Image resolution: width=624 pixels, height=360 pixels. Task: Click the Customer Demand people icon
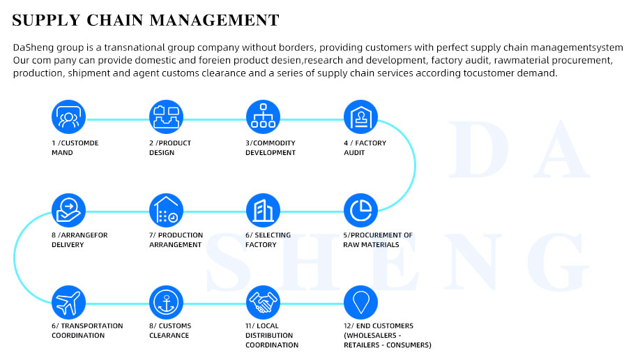pos(68,117)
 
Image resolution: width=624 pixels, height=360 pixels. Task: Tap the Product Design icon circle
pos(166,117)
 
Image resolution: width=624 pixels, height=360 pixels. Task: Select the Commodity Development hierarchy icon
pos(263,117)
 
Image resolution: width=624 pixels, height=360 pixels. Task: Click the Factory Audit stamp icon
pos(360,117)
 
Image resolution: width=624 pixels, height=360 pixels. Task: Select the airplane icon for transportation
pos(68,302)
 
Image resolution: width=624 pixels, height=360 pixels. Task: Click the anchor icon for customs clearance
pos(166,302)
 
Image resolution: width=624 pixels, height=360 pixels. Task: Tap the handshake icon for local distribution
pos(263,302)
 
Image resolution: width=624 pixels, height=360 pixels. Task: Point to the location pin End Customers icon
pos(360,302)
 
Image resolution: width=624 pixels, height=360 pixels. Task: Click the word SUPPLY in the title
pos(47,20)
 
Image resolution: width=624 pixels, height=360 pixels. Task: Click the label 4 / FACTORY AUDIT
pos(365,148)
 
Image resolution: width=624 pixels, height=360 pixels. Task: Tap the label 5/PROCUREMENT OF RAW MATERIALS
pos(378,240)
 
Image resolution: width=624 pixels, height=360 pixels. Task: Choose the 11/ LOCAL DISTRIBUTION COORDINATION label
pos(272,336)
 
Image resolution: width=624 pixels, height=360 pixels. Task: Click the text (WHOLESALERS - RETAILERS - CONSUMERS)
pos(387,340)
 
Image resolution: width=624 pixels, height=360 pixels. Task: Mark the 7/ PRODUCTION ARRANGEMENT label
pos(176,240)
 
